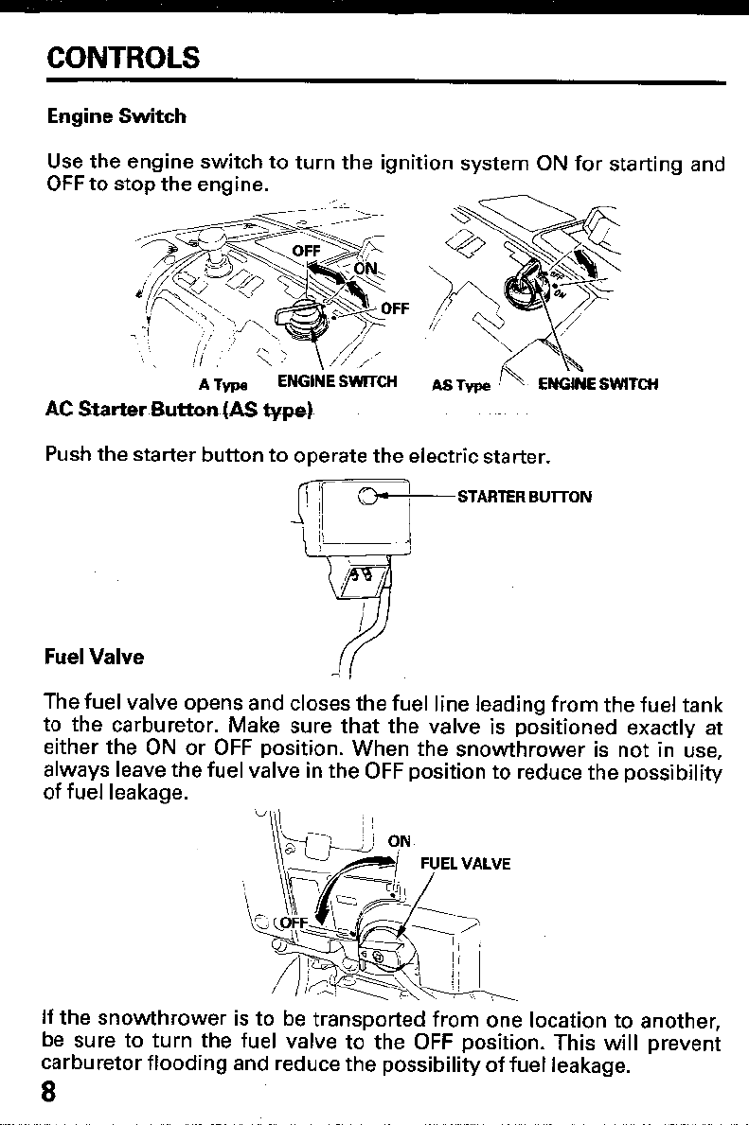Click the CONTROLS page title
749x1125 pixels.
(x=123, y=58)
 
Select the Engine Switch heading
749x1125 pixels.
(x=116, y=117)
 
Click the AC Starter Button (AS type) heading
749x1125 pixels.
(x=180, y=412)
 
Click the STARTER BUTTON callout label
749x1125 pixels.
(x=524, y=496)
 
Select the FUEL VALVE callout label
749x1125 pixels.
(x=465, y=863)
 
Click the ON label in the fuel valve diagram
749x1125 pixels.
(x=400, y=839)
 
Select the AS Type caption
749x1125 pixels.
(x=461, y=385)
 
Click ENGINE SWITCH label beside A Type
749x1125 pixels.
(x=336, y=383)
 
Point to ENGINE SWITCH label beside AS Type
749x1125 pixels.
(x=597, y=383)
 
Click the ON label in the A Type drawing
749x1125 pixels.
(x=366, y=270)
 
